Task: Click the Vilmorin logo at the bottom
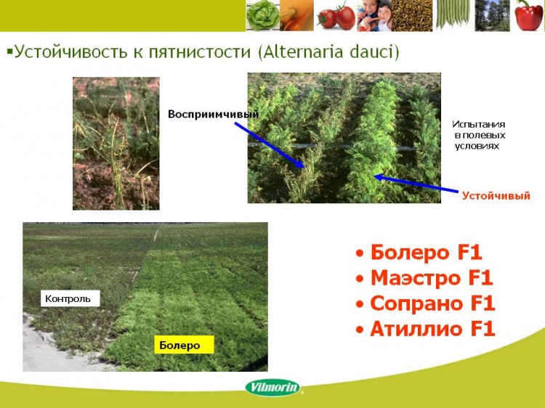point(272,387)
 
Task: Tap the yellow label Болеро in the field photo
point(184,345)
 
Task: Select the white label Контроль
point(70,298)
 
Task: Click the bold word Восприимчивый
point(214,114)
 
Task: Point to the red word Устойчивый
point(496,196)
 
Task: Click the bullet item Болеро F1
point(419,253)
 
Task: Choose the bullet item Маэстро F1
point(425,278)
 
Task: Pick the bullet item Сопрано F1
point(426,303)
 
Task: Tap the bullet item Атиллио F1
point(426,329)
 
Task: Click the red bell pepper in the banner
point(528,16)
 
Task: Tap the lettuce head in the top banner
point(263,16)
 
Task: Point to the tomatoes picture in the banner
point(336,16)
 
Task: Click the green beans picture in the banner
point(453,15)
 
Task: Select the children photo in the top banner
point(374,16)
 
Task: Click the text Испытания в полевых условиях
point(479,135)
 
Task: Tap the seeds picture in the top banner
point(412,16)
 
